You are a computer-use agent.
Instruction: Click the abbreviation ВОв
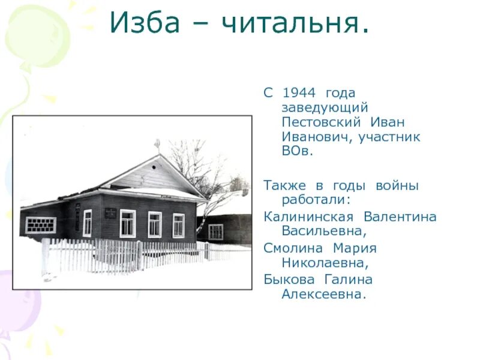point(298,151)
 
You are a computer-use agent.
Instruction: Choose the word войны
point(397,186)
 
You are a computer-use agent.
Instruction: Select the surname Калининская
point(308,217)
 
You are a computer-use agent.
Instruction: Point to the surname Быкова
point(288,280)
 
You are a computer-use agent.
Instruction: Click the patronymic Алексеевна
point(323,295)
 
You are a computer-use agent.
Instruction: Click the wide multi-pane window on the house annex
point(41,225)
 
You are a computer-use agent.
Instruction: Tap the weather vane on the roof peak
point(158,145)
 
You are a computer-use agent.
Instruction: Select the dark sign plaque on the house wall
point(110,212)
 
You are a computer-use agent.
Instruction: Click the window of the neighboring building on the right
point(216,232)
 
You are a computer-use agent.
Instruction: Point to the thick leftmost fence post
point(46,256)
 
